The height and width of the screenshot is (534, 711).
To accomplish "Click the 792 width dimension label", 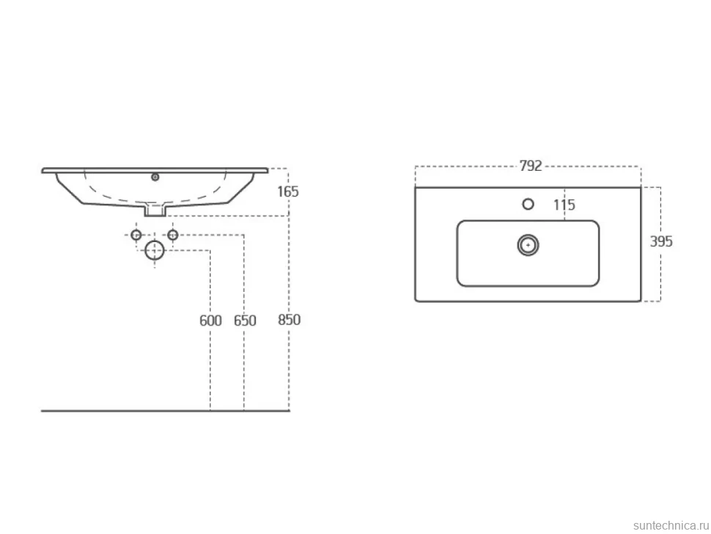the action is click(531, 166).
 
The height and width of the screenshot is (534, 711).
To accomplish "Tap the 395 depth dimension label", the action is click(661, 241).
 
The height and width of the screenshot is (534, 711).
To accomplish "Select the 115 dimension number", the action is click(564, 205).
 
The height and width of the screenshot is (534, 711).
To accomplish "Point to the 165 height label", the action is click(288, 191).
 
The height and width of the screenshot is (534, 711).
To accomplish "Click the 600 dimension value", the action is click(210, 321).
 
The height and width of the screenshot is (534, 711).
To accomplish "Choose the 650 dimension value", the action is click(245, 321).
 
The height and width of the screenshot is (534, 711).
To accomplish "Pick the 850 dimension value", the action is click(289, 320).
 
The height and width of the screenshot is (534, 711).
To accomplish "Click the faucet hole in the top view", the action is click(528, 204).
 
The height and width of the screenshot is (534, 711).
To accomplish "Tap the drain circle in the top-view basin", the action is click(528, 245).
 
